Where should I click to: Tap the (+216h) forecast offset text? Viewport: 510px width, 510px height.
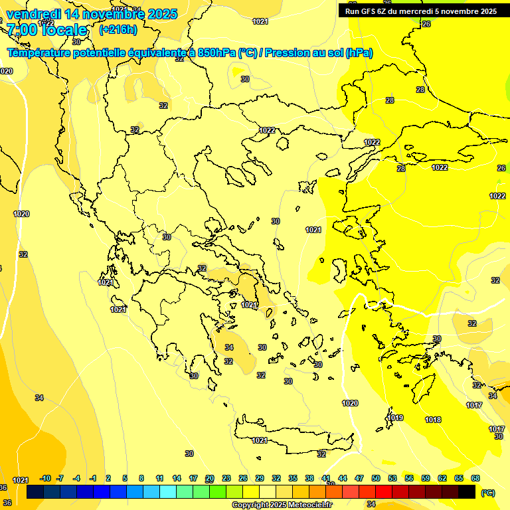click(x=118, y=30)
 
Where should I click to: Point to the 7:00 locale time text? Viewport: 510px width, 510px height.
click(x=46, y=30)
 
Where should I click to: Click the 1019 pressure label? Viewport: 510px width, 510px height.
click(x=396, y=418)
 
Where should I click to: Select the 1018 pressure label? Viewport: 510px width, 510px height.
click(x=433, y=420)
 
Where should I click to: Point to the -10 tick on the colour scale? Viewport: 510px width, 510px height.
click(x=45, y=478)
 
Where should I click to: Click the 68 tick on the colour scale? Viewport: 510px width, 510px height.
click(x=475, y=478)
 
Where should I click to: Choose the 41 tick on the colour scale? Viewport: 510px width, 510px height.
click(x=326, y=478)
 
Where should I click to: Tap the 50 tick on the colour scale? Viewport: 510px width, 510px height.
click(x=376, y=478)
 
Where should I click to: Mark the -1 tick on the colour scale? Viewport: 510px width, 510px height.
click(x=93, y=478)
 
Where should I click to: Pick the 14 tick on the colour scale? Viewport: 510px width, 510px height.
click(x=177, y=478)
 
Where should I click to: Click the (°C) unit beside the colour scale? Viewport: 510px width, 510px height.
click(x=488, y=493)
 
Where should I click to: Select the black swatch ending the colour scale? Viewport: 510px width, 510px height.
click(x=467, y=492)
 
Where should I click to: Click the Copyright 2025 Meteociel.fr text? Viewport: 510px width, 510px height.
click(x=282, y=505)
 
